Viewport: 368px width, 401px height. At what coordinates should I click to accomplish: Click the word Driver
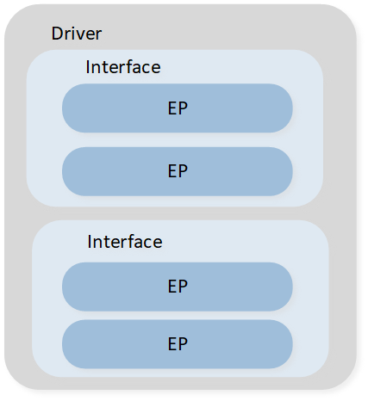pyautogui.click(x=77, y=34)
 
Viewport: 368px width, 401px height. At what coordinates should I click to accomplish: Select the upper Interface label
pyautogui.click(x=123, y=67)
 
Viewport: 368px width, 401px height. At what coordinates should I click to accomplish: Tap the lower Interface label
pyautogui.click(x=125, y=242)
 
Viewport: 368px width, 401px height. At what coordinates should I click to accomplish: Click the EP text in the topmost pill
pyautogui.click(x=178, y=108)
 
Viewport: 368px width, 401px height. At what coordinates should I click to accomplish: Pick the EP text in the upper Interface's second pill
pyautogui.click(x=178, y=171)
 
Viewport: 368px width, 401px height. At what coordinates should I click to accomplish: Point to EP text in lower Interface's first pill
pyautogui.click(x=178, y=287)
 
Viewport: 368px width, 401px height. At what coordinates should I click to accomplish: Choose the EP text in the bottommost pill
pyautogui.click(x=178, y=343)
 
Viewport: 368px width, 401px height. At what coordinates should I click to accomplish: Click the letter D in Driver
pyautogui.click(x=57, y=34)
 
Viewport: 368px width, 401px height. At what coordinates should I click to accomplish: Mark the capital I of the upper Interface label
pyautogui.click(x=87, y=67)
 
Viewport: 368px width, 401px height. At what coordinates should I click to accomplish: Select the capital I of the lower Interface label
pyautogui.click(x=89, y=242)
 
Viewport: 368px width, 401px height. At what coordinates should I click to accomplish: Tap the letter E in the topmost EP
pyautogui.click(x=172, y=108)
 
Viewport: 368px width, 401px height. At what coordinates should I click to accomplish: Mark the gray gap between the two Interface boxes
pyautogui.click(x=178, y=213)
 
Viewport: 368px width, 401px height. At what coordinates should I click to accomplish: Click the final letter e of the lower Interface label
pyautogui.click(x=157, y=244)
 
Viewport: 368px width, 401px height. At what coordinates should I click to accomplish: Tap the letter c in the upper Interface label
pyautogui.click(x=146, y=69)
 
